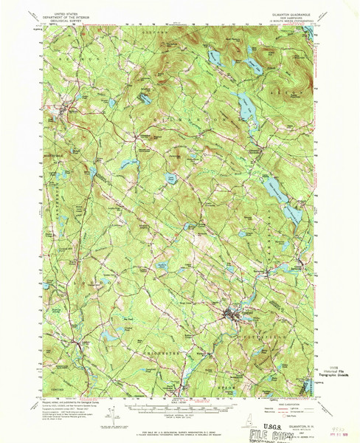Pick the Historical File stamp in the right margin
(329, 371)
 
